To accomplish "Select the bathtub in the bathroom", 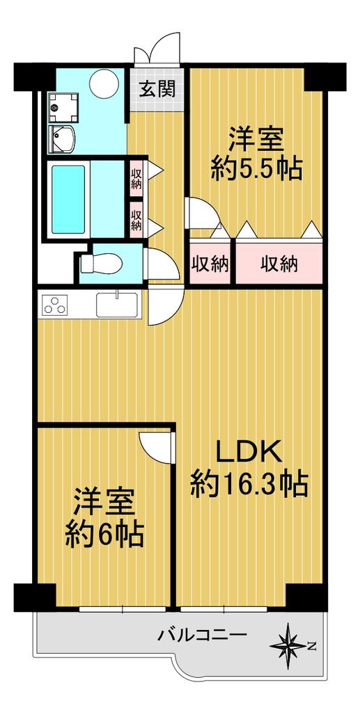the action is point(68,199).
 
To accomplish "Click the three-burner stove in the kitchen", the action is point(55,305).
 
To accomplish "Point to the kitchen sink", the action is point(117,305).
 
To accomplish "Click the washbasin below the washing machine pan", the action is point(62,138).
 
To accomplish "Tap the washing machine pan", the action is point(63,107).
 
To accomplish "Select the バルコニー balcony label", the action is point(202,634).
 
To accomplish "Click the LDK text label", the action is point(249,453).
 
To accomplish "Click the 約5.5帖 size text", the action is point(256,169).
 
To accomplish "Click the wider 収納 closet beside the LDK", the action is point(279,263).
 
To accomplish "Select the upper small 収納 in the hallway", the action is point(136,179).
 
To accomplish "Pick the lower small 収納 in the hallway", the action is point(136,220).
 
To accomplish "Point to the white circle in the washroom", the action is point(104,82).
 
